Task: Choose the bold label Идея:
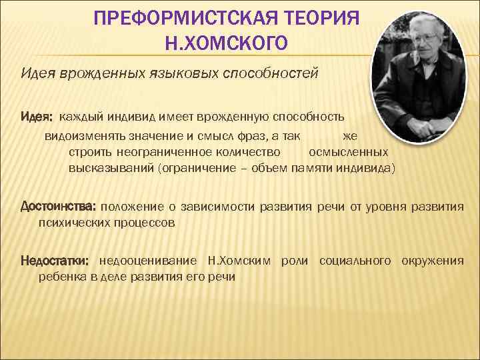(37, 117)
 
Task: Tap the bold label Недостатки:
(57, 260)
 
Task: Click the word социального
(355, 260)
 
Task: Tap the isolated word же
(349, 136)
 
